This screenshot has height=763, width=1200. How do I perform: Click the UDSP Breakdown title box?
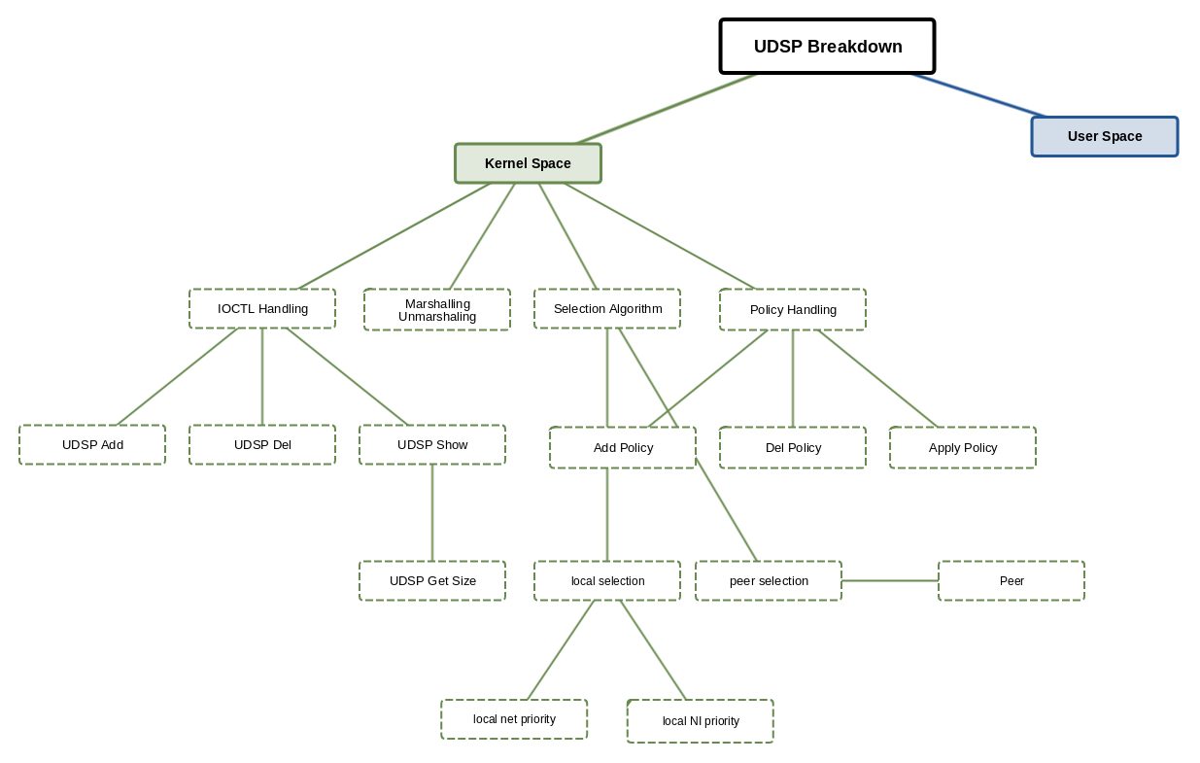coord(827,47)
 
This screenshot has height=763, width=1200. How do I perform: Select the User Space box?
coord(1104,137)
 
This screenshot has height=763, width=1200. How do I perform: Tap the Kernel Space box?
coord(528,163)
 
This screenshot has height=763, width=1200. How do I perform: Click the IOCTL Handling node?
coord(262,309)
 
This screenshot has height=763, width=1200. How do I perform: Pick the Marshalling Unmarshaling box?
coord(437,310)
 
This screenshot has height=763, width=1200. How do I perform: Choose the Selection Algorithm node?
coord(607,309)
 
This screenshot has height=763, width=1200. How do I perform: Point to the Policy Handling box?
coord(793,310)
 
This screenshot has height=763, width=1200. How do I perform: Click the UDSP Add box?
coord(92,445)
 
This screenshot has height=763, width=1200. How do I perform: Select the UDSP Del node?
coord(262,445)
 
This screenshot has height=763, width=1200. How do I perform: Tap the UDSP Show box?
coord(432,445)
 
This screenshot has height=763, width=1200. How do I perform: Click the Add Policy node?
coord(623,448)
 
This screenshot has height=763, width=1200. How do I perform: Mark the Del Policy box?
coord(793,448)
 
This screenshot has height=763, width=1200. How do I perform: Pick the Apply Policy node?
coord(963,448)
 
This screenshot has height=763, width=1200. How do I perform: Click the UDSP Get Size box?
coord(432,581)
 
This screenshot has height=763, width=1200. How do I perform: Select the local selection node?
coord(607,581)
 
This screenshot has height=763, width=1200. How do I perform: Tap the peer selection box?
coord(769,581)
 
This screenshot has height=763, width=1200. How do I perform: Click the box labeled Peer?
coord(1011,581)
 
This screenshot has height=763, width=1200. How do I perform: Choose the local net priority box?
coord(514,719)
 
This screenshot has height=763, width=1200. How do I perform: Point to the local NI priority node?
coord(701,721)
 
